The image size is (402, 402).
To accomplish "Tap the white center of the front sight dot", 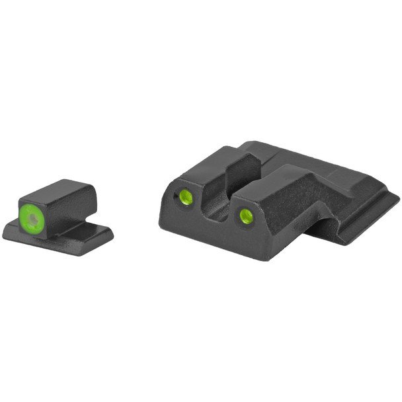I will pos(32,214).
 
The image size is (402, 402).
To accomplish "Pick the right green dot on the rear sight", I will pos(246,214).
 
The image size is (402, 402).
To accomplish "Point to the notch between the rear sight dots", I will pos(218,198).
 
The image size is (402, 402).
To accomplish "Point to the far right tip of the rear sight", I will pos(397,198).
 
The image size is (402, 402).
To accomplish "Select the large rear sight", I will pos(278,198).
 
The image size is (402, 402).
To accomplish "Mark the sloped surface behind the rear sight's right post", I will pos(311,192).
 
